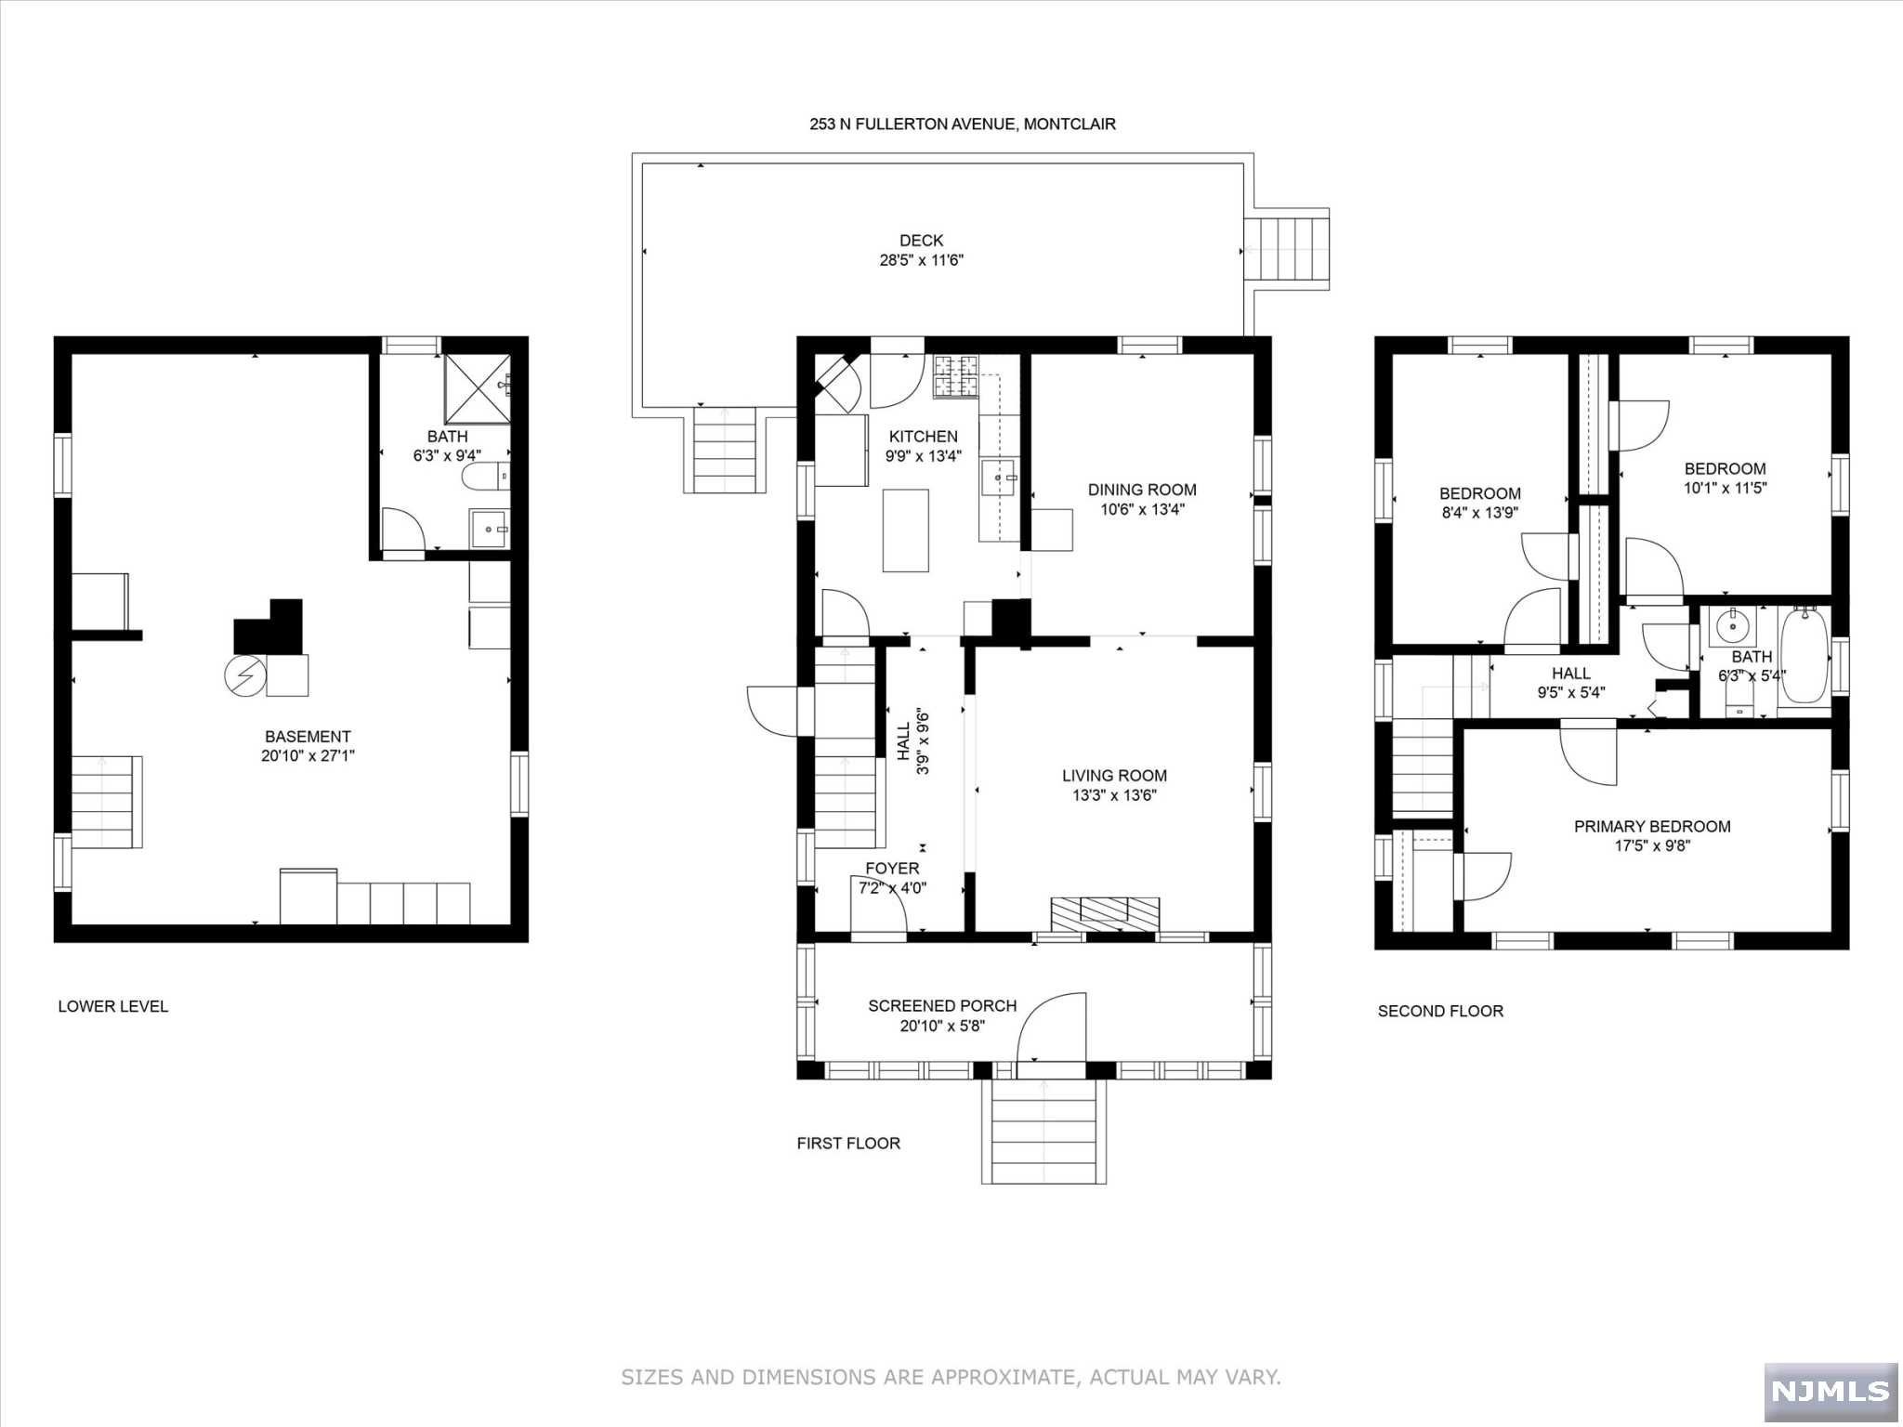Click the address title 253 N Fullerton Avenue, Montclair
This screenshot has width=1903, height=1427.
tap(962, 124)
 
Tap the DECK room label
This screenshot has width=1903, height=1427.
tap(921, 241)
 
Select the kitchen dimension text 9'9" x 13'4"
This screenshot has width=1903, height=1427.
tap(923, 456)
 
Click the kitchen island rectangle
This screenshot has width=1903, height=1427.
tap(905, 530)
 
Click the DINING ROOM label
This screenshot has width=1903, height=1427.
tap(1142, 490)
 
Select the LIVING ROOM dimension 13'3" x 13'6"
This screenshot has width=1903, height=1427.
tap(1114, 795)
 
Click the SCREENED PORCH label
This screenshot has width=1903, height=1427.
tap(942, 1005)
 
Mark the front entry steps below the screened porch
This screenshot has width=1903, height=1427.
tap(1043, 1131)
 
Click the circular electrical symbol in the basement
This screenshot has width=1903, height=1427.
tap(244, 675)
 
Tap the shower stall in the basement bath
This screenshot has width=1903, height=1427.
tap(477, 388)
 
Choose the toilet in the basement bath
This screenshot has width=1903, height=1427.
tap(486, 477)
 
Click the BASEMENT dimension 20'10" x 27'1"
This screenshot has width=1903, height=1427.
tap(308, 756)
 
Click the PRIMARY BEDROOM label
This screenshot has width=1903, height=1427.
tap(1652, 826)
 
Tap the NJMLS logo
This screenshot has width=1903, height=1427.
tap(1831, 1391)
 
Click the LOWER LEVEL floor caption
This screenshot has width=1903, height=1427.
tap(113, 1006)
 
